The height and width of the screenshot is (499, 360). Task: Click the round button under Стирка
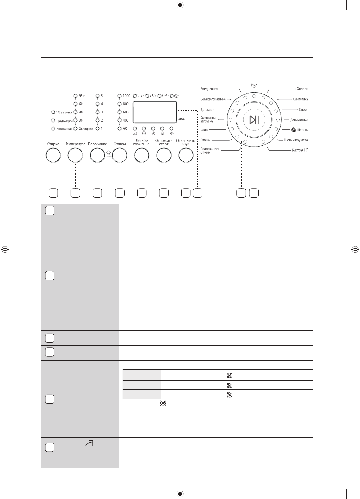[53, 155]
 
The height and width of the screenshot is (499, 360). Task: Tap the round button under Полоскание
[97, 155]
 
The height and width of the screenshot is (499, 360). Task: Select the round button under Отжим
[120, 155]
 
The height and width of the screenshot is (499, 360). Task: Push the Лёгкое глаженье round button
[142, 155]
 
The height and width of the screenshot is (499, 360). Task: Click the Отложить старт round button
[164, 155]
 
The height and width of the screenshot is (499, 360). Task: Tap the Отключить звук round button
[186, 155]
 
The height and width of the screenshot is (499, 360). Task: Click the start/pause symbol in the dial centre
[254, 120]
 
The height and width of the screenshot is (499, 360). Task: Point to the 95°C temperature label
[82, 96]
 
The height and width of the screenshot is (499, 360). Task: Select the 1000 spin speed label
[126, 96]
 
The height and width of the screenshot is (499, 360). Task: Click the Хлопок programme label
[302, 89]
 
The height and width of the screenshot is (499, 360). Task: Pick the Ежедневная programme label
[209, 89]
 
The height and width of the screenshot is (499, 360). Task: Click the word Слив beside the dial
[204, 130]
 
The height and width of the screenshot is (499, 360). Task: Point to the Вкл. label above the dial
[255, 85]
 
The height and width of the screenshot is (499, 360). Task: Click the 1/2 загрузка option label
[64, 112]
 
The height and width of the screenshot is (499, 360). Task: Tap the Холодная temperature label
[86, 129]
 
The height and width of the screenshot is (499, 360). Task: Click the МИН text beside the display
[182, 119]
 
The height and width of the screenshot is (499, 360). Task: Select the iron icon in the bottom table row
[89, 443]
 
